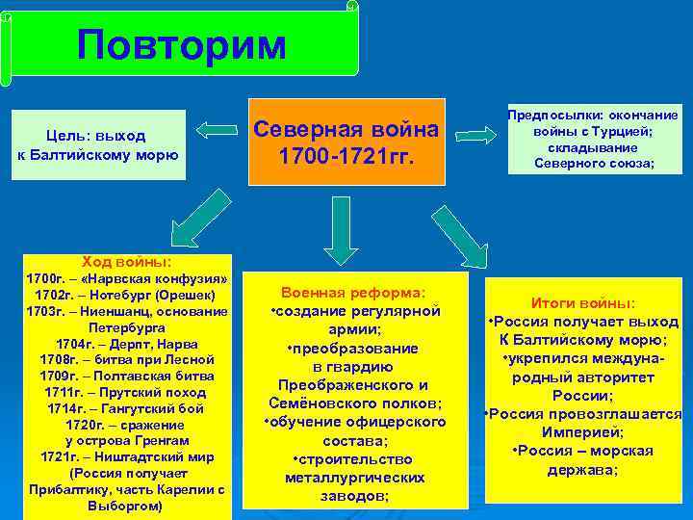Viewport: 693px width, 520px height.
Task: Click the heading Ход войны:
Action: click(127, 261)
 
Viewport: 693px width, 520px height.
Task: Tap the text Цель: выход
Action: click(95, 136)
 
